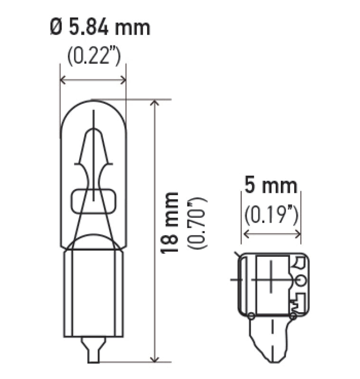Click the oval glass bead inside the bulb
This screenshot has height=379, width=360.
point(93,202)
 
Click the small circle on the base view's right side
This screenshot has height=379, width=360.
point(300,281)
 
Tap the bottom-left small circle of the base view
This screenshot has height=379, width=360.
point(250,316)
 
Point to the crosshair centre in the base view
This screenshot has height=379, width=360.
point(272,280)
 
